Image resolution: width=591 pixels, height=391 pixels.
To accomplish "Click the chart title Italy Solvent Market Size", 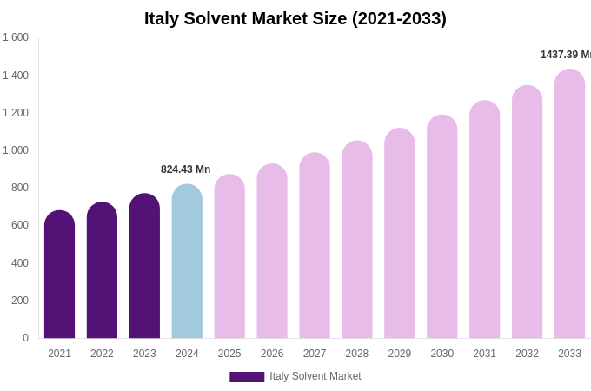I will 295,18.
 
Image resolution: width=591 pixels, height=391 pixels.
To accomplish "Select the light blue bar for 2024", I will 187,261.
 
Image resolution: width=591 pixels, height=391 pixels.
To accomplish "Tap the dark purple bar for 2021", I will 59,274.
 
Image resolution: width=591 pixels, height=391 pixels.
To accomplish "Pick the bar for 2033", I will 569,204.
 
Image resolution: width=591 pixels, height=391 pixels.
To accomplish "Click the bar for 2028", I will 356,239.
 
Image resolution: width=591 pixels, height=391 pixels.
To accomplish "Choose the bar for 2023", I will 144,265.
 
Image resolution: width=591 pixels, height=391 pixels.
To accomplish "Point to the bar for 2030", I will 442,226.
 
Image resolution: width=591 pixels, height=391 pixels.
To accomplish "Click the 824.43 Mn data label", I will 185,169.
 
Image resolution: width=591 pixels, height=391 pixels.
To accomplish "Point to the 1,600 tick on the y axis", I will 16,37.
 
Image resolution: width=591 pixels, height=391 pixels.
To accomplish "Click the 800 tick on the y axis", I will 20,188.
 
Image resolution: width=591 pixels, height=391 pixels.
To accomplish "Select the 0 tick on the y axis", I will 25,338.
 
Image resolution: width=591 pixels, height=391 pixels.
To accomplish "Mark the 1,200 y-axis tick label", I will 16,113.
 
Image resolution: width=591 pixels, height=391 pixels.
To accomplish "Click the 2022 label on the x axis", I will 102,354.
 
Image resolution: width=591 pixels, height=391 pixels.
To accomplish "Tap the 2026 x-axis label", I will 272,354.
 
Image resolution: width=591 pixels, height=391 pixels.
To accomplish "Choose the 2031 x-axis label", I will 484,354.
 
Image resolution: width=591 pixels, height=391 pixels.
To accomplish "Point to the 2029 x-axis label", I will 399,354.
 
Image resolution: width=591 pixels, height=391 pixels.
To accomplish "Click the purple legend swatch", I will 247,377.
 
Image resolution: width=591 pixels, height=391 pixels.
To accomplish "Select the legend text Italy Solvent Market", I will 315,376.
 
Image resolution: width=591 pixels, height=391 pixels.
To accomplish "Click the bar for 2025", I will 229,256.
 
